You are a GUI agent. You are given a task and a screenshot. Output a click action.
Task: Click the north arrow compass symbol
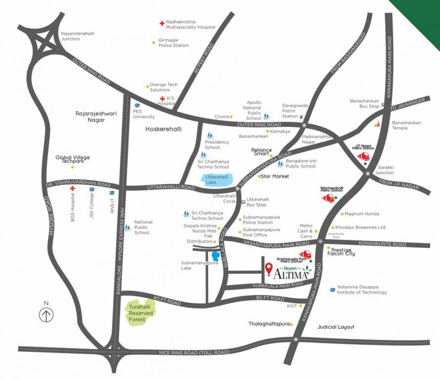(47, 314)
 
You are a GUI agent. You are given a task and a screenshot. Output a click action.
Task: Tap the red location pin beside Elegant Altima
(269, 269)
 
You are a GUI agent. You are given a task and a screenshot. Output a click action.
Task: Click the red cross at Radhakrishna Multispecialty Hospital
(161, 23)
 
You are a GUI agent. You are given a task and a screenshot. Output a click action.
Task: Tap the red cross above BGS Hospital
(72, 189)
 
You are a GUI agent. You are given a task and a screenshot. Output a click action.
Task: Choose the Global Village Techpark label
(73, 158)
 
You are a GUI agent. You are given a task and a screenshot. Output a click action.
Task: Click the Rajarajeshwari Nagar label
(96, 116)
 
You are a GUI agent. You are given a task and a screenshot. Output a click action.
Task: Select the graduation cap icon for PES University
(137, 105)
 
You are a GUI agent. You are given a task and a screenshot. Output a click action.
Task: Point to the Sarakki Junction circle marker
(368, 173)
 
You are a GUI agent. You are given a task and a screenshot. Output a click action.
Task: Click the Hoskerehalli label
(164, 129)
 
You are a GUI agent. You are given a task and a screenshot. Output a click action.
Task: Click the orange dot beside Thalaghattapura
(292, 325)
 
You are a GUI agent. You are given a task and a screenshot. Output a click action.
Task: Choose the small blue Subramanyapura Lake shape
(215, 256)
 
